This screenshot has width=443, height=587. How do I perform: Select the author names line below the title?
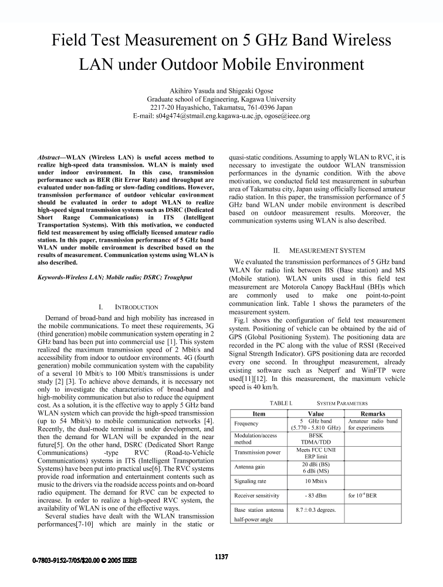221,91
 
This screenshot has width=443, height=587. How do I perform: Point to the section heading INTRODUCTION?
127,307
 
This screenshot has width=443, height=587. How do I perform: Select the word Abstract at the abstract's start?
51,158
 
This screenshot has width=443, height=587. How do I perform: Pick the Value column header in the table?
316,414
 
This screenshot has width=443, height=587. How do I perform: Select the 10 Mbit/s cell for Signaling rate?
316,481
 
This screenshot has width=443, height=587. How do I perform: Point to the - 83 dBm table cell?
316,496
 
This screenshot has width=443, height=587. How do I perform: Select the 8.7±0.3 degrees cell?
316,510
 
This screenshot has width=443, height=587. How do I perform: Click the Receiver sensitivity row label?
257,496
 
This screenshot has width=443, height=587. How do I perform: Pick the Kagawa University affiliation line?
221,100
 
